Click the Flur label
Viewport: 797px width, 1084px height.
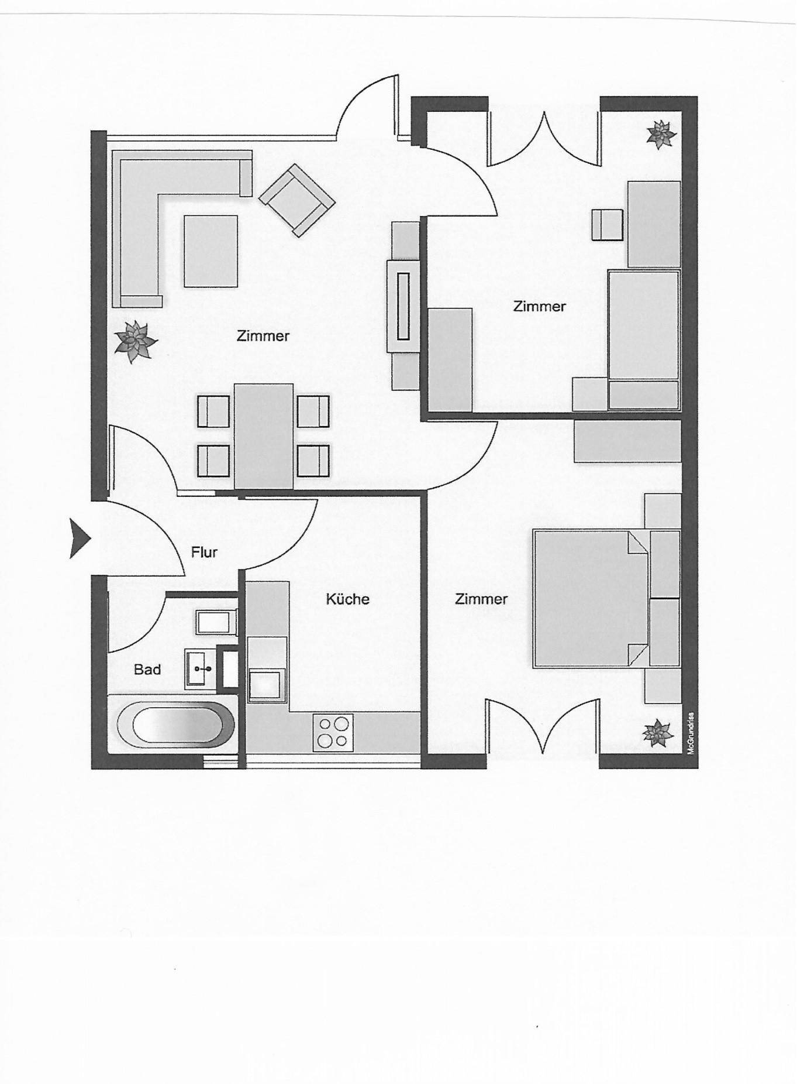tap(204, 552)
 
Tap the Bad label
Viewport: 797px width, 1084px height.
tap(147, 669)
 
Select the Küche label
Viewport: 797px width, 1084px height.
tap(348, 599)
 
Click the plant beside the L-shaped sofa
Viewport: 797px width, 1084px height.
tap(136, 341)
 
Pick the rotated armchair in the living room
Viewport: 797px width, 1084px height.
tap(297, 200)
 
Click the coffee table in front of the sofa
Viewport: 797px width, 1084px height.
tap(211, 251)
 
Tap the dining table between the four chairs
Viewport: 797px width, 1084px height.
tap(264, 436)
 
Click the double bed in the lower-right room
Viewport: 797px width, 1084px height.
tap(591, 599)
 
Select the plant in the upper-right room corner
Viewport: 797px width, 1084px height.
tap(661, 134)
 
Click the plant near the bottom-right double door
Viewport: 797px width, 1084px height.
tap(658, 733)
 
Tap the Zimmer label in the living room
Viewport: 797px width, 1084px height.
tap(263, 336)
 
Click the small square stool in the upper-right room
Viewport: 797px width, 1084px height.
tap(607, 225)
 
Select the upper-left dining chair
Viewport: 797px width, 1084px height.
tap(213, 412)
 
